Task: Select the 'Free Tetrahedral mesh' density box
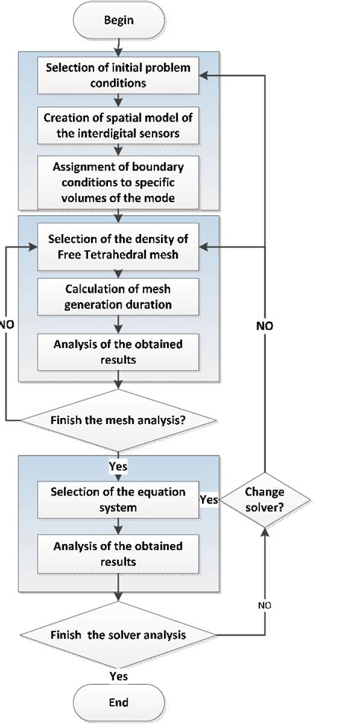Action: coord(119,247)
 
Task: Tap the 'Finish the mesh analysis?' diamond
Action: coord(119,419)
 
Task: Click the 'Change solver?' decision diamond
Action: coord(265,499)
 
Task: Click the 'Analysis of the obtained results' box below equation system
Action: coord(119,555)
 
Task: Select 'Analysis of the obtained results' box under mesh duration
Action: coord(119,351)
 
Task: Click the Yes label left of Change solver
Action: coord(210,499)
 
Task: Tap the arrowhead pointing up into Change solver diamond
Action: coord(265,530)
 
